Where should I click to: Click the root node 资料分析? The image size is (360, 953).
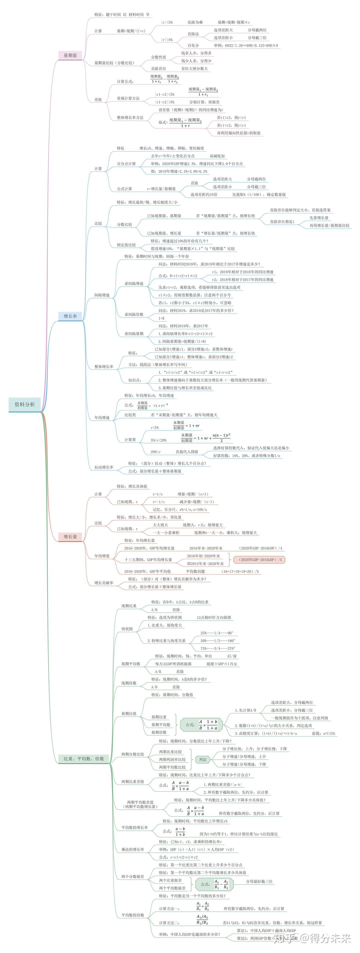[x=24, y=404]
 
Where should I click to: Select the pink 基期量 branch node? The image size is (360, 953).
[x=70, y=56]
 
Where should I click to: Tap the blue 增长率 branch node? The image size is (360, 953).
[x=70, y=316]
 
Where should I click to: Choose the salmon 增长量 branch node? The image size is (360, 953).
[x=70, y=536]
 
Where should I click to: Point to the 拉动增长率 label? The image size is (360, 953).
[x=103, y=467]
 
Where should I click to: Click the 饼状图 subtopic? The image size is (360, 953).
[x=127, y=629]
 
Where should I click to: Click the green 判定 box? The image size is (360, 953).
[x=203, y=759]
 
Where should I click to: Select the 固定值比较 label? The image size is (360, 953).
[x=126, y=245]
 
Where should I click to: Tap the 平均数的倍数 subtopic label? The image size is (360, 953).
[x=132, y=915]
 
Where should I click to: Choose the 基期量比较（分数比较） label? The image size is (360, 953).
[x=114, y=63]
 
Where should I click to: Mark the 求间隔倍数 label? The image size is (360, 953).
[x=133, y=315]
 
